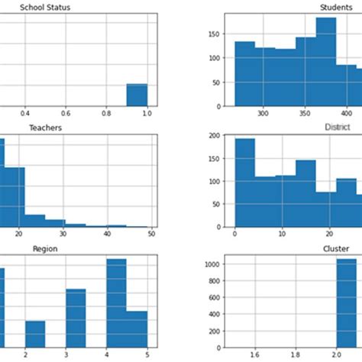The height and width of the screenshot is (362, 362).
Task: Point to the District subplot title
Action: [337, 127]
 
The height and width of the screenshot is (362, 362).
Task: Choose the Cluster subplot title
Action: [337, 248]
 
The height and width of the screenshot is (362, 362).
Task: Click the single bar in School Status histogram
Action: [137, 95]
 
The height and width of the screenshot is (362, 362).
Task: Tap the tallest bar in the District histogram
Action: [245, 183]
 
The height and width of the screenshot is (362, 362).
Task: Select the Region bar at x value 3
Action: [76, 317]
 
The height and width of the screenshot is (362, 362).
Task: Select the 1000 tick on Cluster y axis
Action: [212, 264]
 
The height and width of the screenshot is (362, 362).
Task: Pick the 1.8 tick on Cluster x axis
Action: [296, 354]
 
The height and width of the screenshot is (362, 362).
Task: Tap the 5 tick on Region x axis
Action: [146, 354]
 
